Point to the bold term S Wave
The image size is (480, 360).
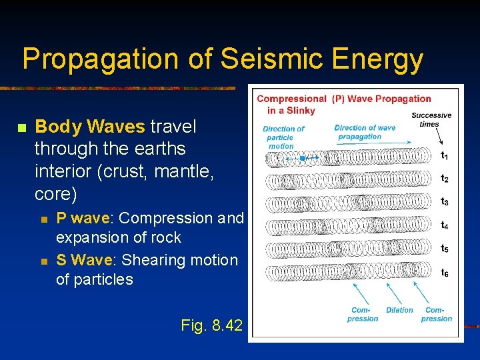tap(81, 259)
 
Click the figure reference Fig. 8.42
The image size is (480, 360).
tap(211, 325)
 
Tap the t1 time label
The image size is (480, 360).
tap(444, 156)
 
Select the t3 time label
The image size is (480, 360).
tap(444, 201)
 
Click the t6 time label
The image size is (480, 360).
tap(444, 272)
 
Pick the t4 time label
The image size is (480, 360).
tap(444, 225)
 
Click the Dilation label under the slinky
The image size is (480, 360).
tap(399, 310)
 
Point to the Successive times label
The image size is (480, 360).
tap(431, 119)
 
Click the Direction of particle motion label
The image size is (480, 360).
tap(283, 137)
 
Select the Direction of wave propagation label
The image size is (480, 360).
tap(365, 132)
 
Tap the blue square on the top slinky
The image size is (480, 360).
tap(302, 159)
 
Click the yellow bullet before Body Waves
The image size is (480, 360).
tap(21, 127)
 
